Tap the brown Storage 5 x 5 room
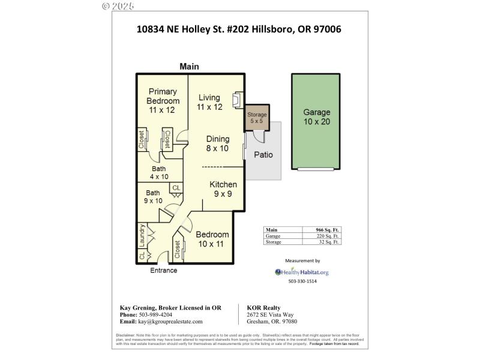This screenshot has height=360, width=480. point(257,118)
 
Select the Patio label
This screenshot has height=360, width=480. point(263,155)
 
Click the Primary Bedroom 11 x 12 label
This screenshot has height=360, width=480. point(163,101)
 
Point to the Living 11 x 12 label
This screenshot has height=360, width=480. point(209,103)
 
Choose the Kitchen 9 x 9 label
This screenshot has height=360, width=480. point(223,189)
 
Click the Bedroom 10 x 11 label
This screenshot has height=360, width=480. point(212,239)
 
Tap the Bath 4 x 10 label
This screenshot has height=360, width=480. point(158,173)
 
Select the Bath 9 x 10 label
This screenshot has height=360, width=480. point(153,197)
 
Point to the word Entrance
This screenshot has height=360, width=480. point(163,271)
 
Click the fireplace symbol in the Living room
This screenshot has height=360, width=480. point(237,98)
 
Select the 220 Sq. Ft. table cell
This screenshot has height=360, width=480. point(328,236)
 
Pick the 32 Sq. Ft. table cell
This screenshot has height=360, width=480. point(329,242)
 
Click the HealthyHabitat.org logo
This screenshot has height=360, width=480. point(302,272)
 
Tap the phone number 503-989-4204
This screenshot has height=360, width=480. point(156,314)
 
